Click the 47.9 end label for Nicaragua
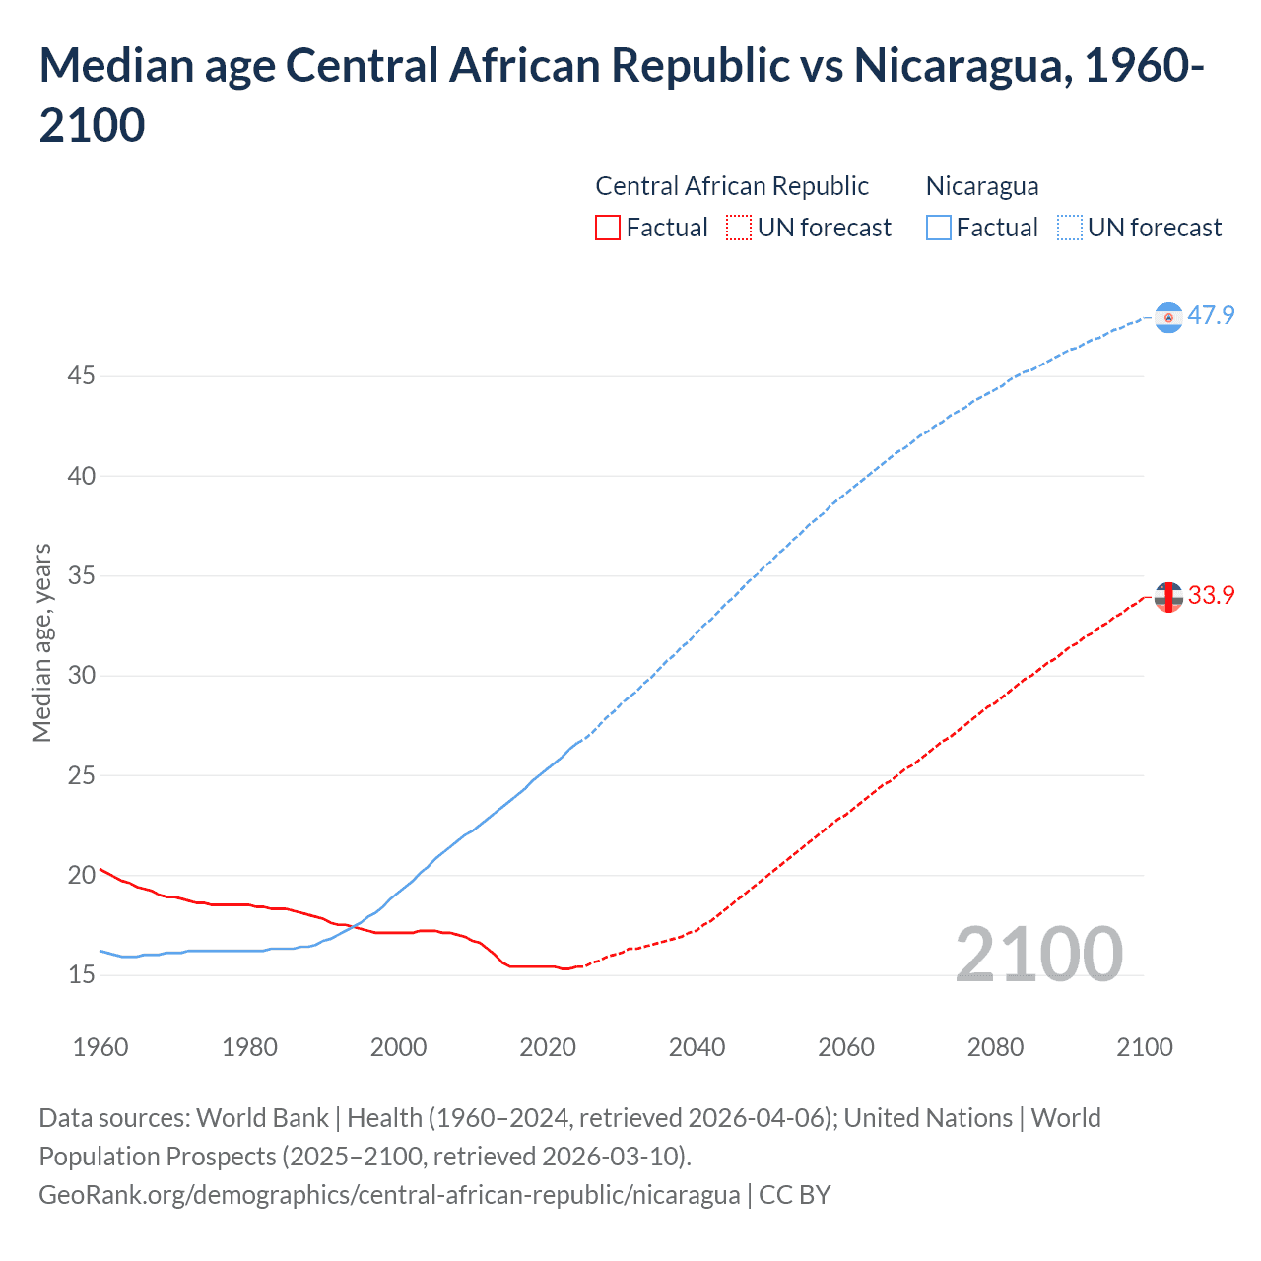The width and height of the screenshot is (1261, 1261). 1211,315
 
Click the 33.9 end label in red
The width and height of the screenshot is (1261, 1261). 1211,595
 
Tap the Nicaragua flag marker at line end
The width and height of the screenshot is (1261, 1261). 1168,317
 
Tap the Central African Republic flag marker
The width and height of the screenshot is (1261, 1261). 1168,597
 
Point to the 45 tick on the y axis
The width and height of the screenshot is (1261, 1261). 81,376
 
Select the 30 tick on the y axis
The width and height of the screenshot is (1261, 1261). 81,676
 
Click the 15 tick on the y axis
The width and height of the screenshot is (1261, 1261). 81,975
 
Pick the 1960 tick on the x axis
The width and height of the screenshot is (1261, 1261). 100,1047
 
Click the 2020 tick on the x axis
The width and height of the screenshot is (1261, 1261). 548,1047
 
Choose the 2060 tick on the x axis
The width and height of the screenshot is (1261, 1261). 846,1047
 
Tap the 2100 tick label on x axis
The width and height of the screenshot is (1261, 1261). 1145,1047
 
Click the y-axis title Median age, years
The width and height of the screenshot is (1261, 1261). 41,642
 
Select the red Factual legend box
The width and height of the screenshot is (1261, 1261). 608,228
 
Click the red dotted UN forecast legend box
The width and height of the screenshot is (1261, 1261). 739,228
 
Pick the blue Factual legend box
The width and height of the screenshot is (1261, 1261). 939,228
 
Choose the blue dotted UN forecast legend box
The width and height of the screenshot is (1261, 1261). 1069,228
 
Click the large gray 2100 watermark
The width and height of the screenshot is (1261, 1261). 1038,954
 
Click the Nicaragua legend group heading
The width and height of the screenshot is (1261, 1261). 982,186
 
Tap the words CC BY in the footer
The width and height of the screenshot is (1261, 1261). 794,1195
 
